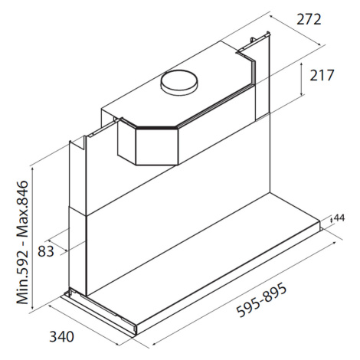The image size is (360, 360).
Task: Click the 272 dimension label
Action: click(x=309, y=19)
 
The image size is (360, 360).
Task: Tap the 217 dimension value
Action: click(x=322, y=75)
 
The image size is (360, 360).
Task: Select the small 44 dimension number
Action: click(x=339, y=218)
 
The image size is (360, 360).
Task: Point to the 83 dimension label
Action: click(x=46, y=251)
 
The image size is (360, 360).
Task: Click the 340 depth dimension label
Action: click(x=61, y=336)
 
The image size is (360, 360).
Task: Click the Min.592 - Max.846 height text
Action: click(x=22, y=242)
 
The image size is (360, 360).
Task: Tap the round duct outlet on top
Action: click(x=179, y=82)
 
